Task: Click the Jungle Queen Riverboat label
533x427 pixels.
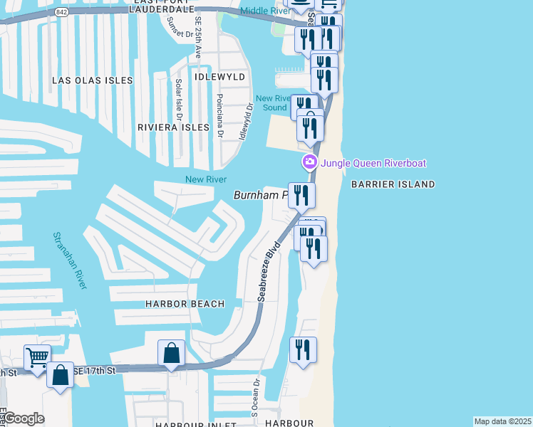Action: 373,163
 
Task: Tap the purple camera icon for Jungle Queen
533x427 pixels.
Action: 309,162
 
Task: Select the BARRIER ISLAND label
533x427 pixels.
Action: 393,184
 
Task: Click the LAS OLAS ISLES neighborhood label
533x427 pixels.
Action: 93,81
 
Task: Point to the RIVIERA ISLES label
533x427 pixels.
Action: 170,127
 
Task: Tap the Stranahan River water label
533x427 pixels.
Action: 70,260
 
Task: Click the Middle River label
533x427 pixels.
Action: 264,11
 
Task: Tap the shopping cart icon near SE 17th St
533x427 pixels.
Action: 37,357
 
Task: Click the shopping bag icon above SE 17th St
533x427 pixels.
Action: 172,352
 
